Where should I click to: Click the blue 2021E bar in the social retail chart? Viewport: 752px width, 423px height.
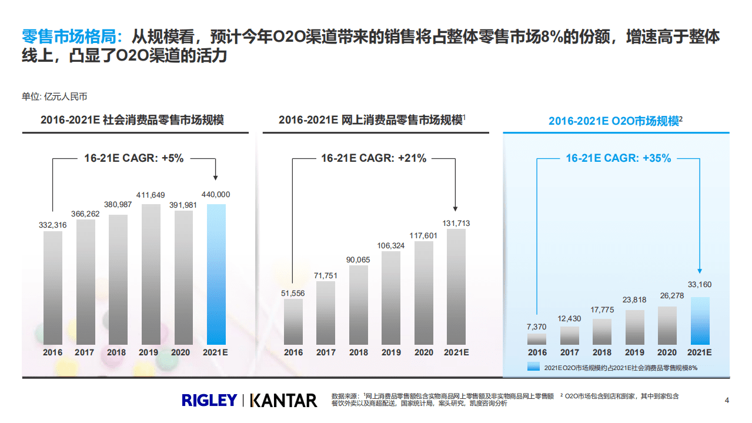(216, 274)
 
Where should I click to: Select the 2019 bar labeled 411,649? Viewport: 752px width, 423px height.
(151, 274)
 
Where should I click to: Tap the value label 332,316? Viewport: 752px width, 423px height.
(53, 225)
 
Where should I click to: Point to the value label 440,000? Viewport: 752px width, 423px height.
(216, 194)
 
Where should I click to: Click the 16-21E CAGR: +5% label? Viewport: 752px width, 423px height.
(133, 158)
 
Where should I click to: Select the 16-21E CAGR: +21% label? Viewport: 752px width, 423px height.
(373, 158)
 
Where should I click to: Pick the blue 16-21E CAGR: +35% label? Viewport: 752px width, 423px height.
(618, 158)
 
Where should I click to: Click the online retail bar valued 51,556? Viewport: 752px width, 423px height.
(293, 321)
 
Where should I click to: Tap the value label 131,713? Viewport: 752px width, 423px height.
(456, 223)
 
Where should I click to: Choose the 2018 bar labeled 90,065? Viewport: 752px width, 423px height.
(359, 304)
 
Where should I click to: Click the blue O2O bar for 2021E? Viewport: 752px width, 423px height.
(700, 321)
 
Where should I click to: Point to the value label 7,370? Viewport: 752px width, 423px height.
(537, 327)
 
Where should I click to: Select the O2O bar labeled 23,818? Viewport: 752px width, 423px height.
(634, 327)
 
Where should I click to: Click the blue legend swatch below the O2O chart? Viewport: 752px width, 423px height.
(533, 367)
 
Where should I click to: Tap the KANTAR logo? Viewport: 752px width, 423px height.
(283, 401)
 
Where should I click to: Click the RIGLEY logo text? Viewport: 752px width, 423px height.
(209, 401)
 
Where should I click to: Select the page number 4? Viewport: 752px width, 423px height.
(727, 401)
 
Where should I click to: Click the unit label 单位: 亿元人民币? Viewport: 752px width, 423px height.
(55, 96)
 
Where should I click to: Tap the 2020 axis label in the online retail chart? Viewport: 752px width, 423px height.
(423, 352)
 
